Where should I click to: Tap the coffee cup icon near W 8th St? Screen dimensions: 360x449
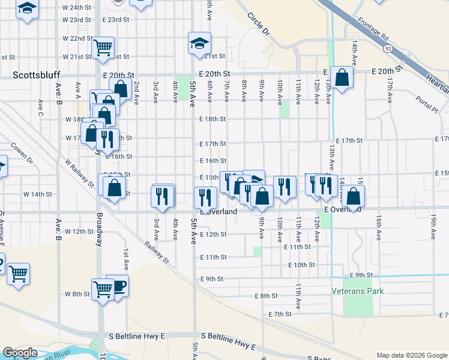click(118, 286)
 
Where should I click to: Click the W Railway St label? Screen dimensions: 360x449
click(79, 173)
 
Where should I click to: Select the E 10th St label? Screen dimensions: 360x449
click(301, 265)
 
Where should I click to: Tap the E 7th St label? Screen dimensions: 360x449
click(280, 314)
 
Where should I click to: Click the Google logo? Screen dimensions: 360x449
click(20, 353)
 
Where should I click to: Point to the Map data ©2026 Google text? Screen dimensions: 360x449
click(411, 355)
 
